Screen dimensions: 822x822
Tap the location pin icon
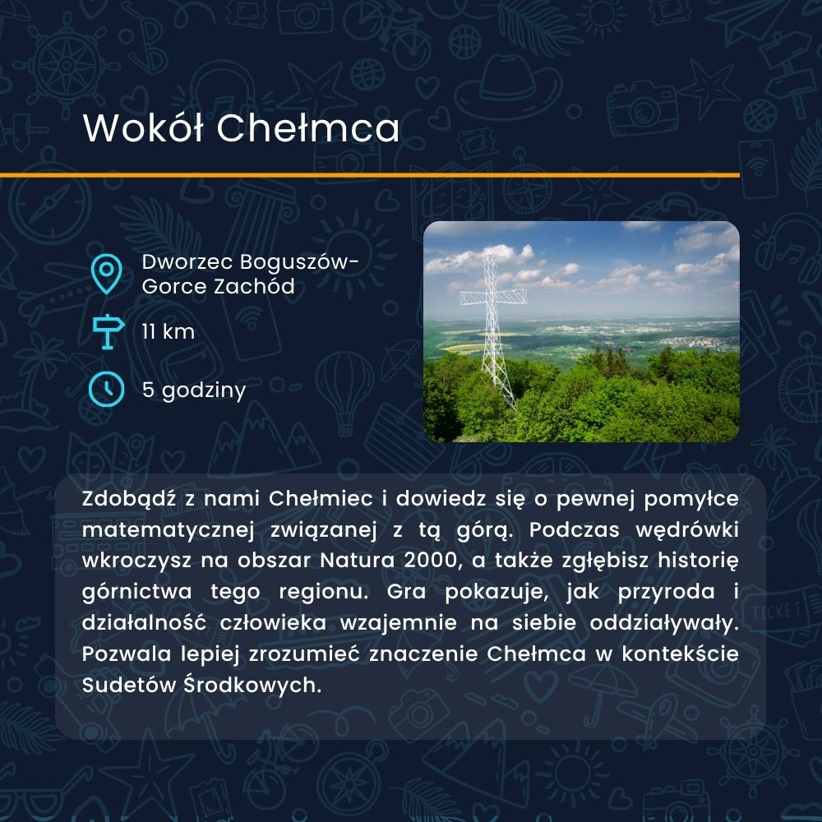click(x=106, y=274)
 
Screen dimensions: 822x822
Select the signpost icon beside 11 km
click(x=108, y=332)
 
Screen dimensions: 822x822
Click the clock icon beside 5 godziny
click(x=106, y=390)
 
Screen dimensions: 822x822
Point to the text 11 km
click(x=169, y=331)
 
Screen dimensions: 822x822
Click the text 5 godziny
click(x=194, y=390)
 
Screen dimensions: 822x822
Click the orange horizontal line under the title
click(x=370, y=175)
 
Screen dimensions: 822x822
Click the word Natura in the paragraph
click(x=357, y=561)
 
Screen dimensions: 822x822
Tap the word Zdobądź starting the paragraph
click(x=129, y=499)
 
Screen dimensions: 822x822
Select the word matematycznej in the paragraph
click(x=169, y=530)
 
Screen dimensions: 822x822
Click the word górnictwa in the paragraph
click(x=137, y=592)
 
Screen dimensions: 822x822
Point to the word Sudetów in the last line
click(x=129, y=685)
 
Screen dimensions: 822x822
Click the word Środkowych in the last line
click(x=252, y=685)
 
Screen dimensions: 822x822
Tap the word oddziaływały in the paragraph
click(x=664, y=623)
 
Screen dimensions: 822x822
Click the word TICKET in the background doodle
click(x=776, y=610)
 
